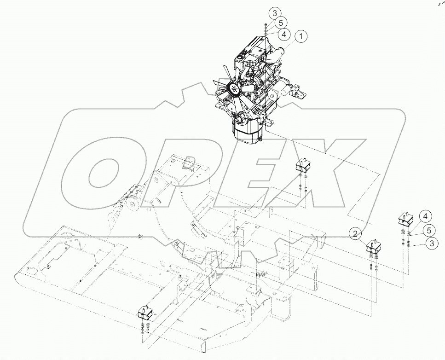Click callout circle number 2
click(355, 234)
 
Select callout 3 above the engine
click(274, 13)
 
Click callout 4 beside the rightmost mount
click(426, 216)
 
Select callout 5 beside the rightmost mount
click(428, 230)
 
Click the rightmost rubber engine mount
click(405, 218)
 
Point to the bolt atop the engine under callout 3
click(266, 29)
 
